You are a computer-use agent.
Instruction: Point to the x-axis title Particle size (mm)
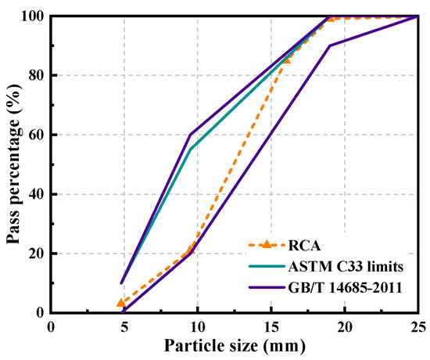(234, 344)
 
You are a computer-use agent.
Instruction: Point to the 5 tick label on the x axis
(124, 325)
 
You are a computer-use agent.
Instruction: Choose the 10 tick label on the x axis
(198, 325)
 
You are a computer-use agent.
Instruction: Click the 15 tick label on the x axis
(271, 325)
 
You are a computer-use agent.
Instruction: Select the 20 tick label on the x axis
(345, 325)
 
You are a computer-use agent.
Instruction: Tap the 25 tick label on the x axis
(417, 325)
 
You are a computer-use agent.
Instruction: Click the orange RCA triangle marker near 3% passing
(121, 303)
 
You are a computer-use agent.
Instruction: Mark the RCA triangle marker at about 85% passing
(286, 59)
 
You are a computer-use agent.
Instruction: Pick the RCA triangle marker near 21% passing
(191, 250)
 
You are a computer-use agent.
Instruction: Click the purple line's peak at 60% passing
(191, 135)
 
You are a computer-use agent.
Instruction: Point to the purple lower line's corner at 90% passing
(330, 45)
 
